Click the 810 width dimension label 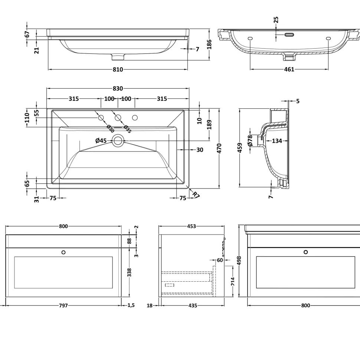pyautogui.click(x=118, y=69)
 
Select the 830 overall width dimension pyautogui.click(x=118, y=88)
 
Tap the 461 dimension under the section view pyautogui.click(x=289, y=69)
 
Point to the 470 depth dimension pyautogui.click(x=219, y=148)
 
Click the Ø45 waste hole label pyautogui.click(x=101, y=140)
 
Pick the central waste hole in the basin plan pyautogui.click(x=118, y=140)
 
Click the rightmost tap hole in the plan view pyautogui.click(x=135, y=118)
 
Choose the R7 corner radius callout pyautogui.click(x=196, y=195)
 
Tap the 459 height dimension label pyautogui.click(x=240, y=148)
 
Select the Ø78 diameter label pyautogui.click(x=250, y=141)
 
